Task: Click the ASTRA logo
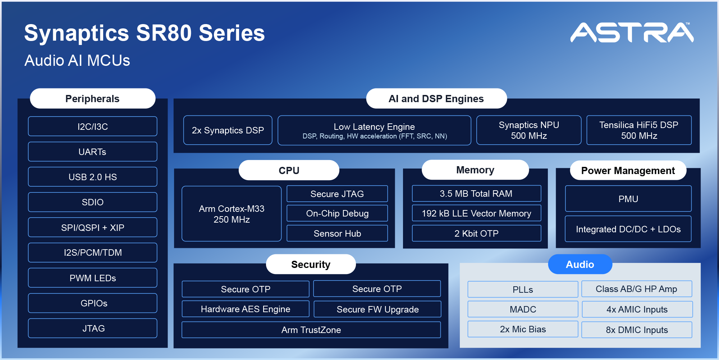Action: click(x=632, y=32)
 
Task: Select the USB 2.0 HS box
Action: click(x=92, y=177)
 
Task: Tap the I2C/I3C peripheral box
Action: click(x=92, y=127)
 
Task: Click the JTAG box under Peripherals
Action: click(x=92, y=328)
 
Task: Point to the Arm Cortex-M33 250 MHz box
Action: click(x=232, y=214)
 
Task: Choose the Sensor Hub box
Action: click(x=337, y=233)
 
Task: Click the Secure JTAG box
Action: click(x=337, y=194)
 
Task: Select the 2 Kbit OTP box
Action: click(x=476, y=233)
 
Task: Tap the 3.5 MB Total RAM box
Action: click(x=476, y=194)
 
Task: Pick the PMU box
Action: click(x=628, y=199)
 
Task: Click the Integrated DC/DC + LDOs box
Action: click(x=628, y=229)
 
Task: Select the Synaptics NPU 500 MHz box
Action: click(x=529, y=130)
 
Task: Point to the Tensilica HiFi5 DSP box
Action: click(x=639, y=130)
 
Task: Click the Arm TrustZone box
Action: click(x=311, y=330)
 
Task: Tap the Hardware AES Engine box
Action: click(x=246, y=309)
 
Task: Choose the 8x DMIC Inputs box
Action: click(x=637, y=330)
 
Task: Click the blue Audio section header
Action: click(x=580, y=264)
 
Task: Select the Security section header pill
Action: click(x=311, y=264)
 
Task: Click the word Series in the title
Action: click(x=232, y=33)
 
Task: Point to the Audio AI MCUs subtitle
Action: click(x=77, y=60)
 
